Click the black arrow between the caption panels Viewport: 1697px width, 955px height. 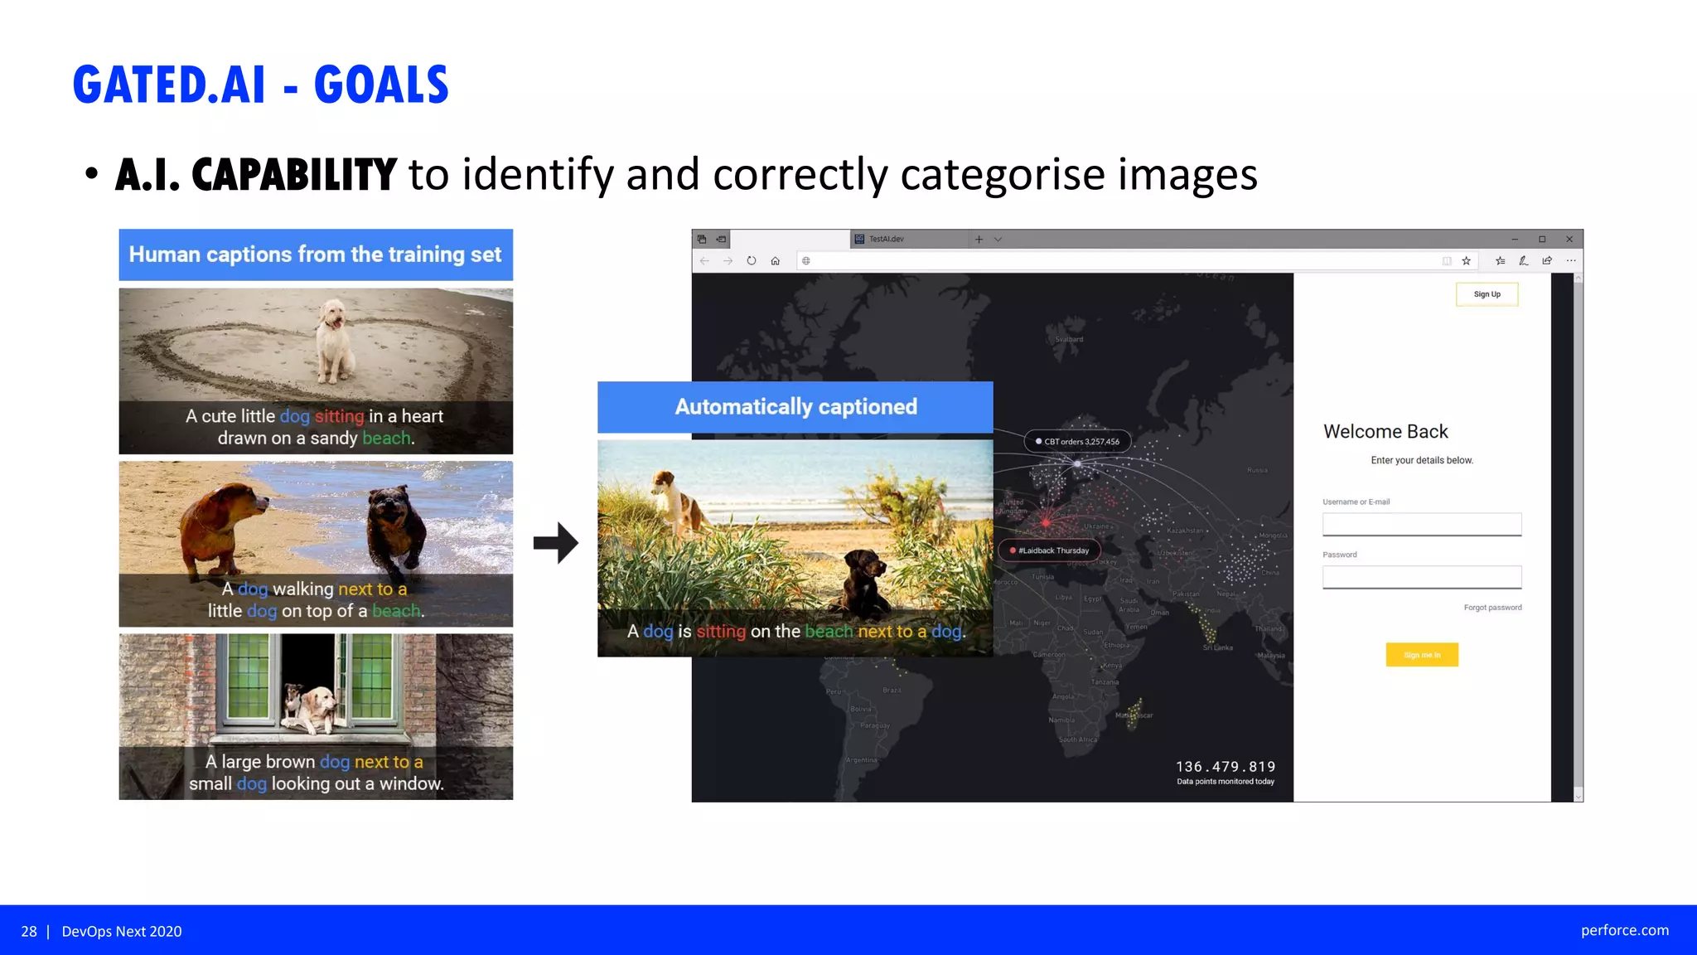point(555,543)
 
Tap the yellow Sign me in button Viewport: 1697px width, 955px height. point(1421,655)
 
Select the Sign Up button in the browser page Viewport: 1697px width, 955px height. point(1487,294)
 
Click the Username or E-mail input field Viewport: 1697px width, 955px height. point(1421,524)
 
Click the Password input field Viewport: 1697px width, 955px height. point(1421,577)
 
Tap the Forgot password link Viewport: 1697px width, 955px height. point(1492,608)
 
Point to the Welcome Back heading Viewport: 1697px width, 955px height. point(1385,432)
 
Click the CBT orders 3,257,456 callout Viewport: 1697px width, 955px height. point(1078,442)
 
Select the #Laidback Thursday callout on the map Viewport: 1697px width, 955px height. point(1050,550)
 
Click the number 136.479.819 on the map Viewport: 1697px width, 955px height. point(1225,767)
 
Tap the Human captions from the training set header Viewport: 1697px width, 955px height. point(315,255)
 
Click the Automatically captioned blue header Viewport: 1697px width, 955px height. point(795,407)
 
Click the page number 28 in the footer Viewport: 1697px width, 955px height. point(29,932)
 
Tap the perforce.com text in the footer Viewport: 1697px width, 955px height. point(1624,930)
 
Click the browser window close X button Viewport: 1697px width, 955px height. point(1569,240)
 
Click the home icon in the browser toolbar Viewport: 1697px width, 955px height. point(775,261)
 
